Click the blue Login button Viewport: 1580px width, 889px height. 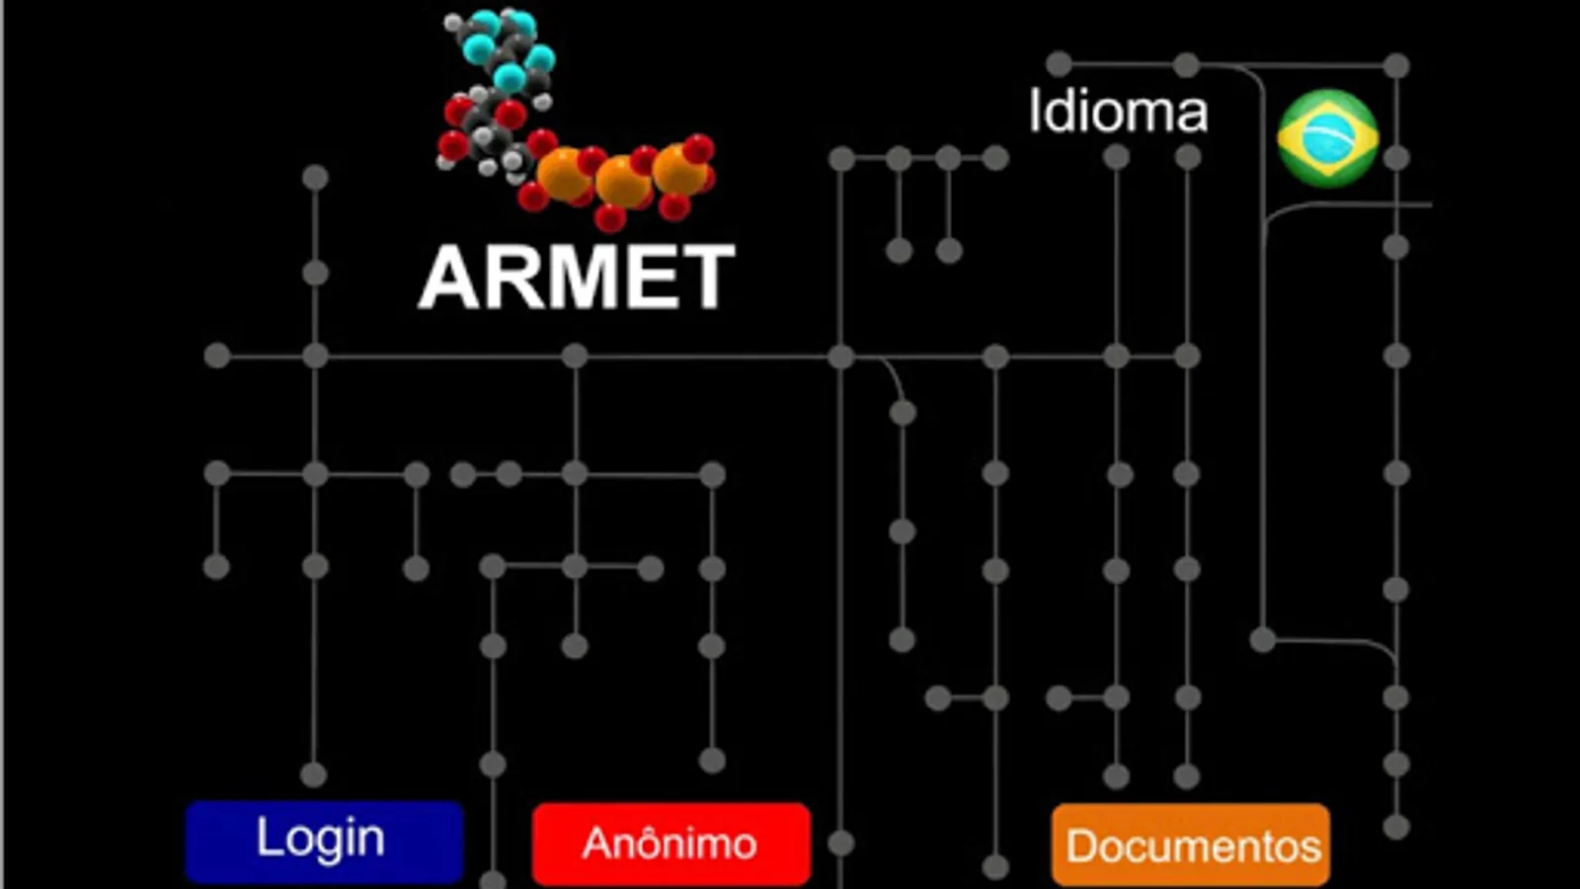(x=324, y=841)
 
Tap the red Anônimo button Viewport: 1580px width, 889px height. (x=671, y=844)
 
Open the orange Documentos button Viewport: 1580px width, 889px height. (x=1191, y=846)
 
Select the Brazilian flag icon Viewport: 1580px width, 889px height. (x=1327, y=137)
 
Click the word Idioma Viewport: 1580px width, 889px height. (x=1118, y=111)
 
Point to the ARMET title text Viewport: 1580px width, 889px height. (x=577, y=278)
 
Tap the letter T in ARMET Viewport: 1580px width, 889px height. (x=706, y=278)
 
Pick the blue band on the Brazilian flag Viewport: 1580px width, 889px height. (x=1328, y=137)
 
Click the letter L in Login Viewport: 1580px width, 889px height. (x=267, y=838)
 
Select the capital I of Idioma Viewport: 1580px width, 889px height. (x=1035, y=111)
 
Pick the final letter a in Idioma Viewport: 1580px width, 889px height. (x=1192, y=115)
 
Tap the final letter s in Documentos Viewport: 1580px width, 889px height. (x=1311, y=849)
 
